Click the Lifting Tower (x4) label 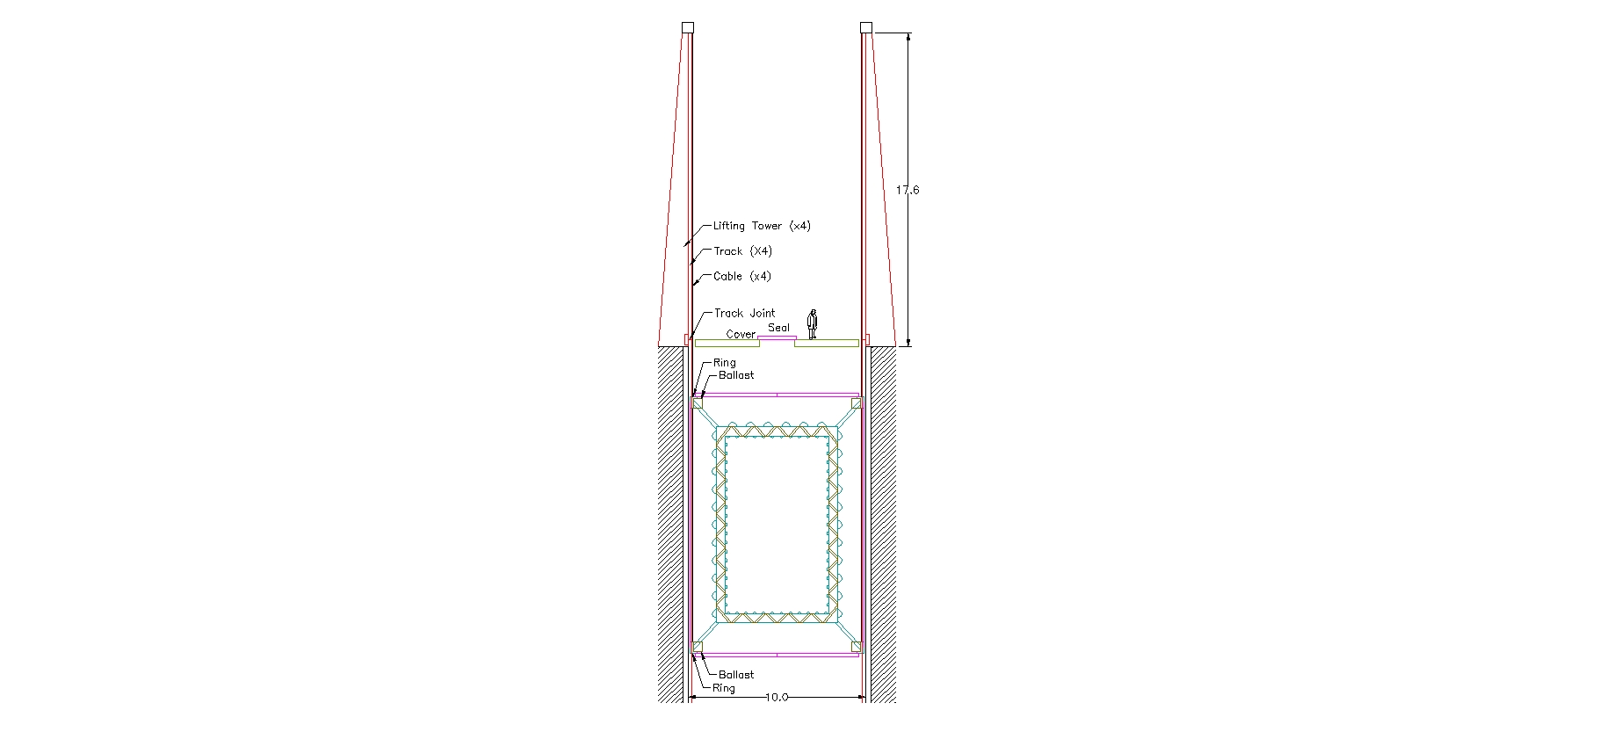762,226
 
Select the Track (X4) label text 743,251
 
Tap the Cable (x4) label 742,276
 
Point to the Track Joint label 744,313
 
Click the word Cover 741,334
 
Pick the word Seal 778,328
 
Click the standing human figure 813,323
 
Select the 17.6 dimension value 908,190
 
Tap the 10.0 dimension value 777,698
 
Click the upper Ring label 725,363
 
